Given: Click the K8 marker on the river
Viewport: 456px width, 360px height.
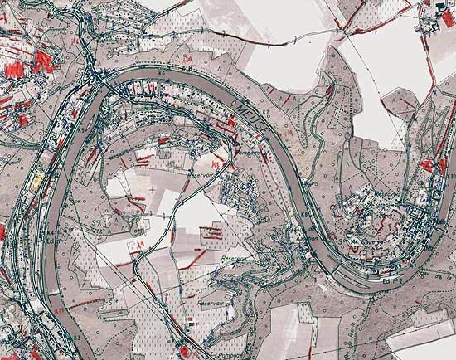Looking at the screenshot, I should pos(304,218).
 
